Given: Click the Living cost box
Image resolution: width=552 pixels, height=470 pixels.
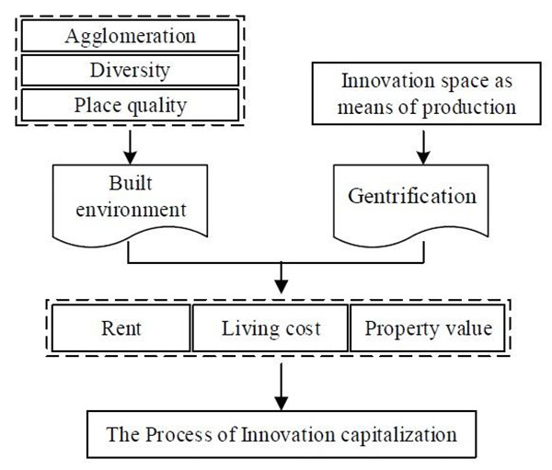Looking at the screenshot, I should coord(270,327).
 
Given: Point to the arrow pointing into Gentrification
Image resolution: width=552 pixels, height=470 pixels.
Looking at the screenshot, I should coord(422,142).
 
